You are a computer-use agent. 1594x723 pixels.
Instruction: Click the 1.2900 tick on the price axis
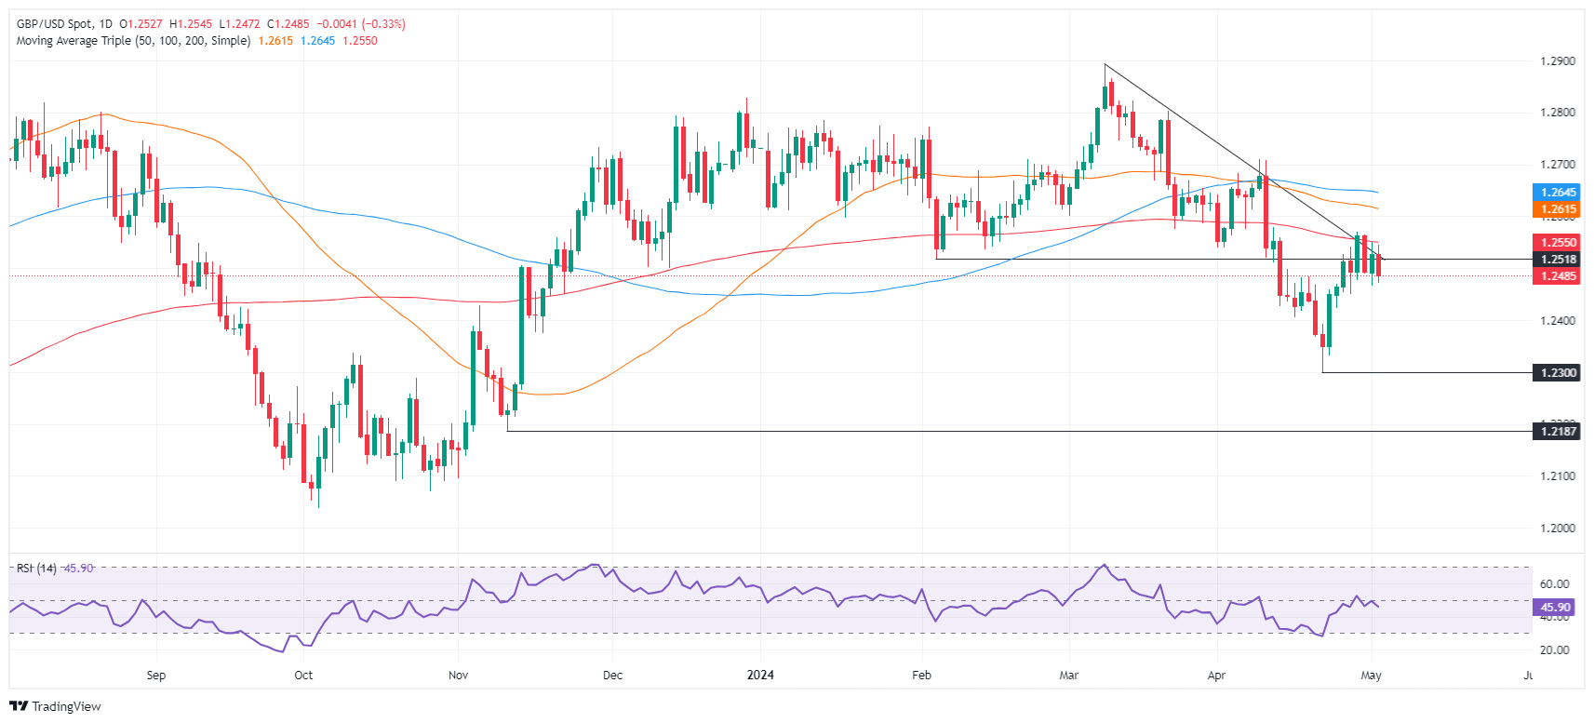[x=1558, y=61]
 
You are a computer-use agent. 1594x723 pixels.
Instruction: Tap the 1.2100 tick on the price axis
[x=1558, y=476]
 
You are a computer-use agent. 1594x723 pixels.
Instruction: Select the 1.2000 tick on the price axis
[x=1558, y=529]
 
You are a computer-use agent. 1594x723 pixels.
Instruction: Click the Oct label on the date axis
[x=303, y=676]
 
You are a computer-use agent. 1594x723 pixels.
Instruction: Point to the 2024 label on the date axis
[x=760, y=676]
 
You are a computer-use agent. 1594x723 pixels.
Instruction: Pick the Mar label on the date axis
[x=1069, y=676]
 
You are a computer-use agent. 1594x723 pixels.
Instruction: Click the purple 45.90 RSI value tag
[x=1555, y=608]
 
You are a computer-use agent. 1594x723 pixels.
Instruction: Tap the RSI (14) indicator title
[x=36, y=569]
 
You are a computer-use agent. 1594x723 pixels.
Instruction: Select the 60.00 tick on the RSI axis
[x=1554, y=584]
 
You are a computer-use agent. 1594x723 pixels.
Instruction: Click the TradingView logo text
[x=66, y=707]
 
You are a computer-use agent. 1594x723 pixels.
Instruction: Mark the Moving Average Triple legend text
[x=133, y=41]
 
